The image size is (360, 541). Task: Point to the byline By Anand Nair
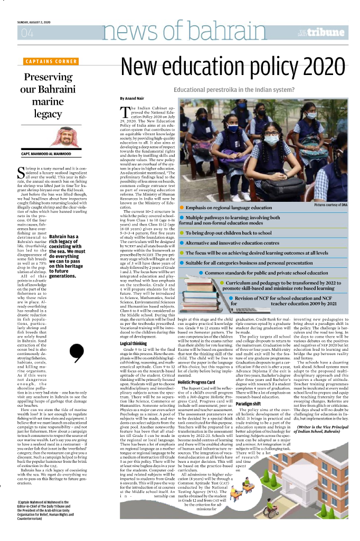(x=131, y=98)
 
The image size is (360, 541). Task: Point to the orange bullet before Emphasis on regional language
(x=182, y=209)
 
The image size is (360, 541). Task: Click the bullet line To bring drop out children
(x=228, y=233)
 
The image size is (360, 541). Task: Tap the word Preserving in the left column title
(x=48, y=77)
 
